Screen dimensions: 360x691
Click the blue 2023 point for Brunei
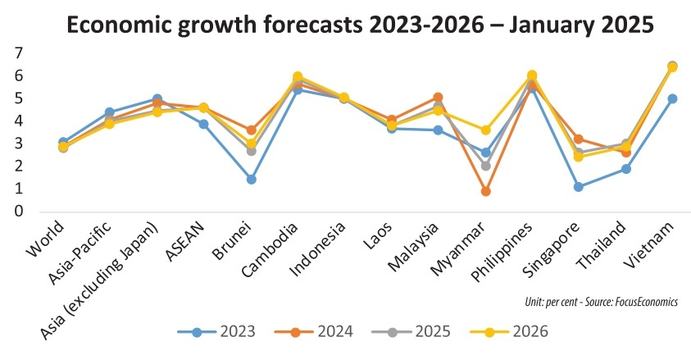click(x=252, y=179)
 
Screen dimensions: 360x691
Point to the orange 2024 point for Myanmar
click(x=486, y=191)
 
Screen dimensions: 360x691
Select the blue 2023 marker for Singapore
click(x=580, y=187)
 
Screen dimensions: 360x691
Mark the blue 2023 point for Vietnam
click(x=673, y=98)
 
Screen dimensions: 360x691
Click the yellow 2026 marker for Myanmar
click(x=486, y=130)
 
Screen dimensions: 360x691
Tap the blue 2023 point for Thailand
click(x=626, y=169)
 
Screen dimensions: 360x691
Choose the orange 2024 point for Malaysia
click(x=439, y=97)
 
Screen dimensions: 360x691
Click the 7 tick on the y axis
click(x=19, y=53)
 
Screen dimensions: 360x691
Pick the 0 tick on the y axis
click(x=19, y=212)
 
